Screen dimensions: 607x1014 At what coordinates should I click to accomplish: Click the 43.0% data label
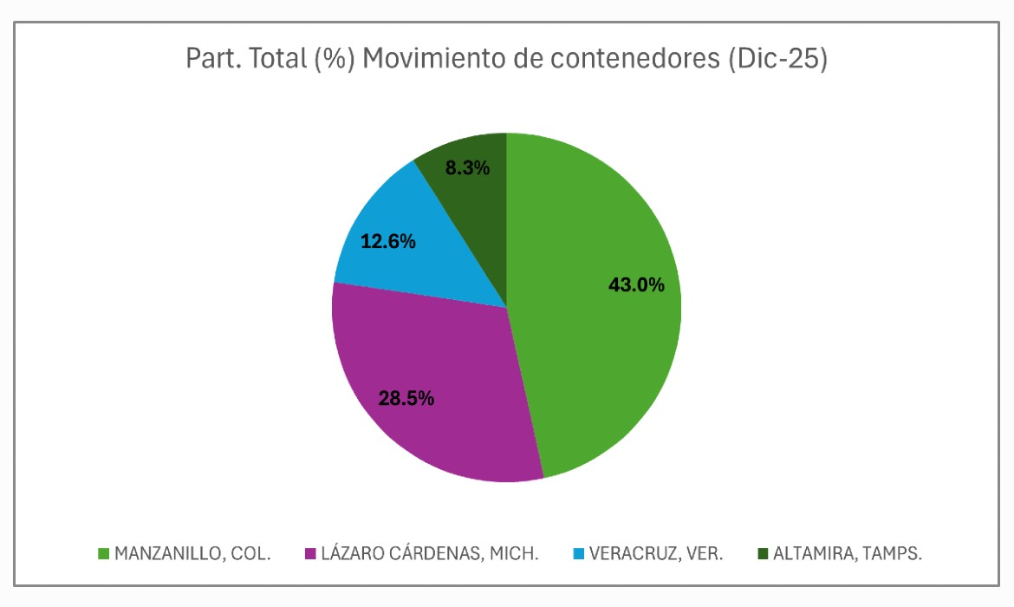tap(636, 284)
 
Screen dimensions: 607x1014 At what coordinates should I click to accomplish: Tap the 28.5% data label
tap(406, 399)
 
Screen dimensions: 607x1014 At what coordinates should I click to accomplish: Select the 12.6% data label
tap(387, 242)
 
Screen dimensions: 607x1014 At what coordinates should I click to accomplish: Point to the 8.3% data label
tap(467, 168)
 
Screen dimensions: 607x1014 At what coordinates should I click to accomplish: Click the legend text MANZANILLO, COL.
tap(192, 553)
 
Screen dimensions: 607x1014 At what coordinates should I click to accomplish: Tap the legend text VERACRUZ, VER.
tap(655, 553)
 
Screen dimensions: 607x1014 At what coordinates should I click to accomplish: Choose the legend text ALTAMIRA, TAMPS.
tap(848, 553)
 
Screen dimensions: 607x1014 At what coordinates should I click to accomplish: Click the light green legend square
tap(103, 553)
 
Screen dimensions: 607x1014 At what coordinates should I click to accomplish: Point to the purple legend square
tap(309, 553)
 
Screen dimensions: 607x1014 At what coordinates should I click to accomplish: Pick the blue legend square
tap(578, 553)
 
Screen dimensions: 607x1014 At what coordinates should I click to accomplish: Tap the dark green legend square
tap(763, 553)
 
